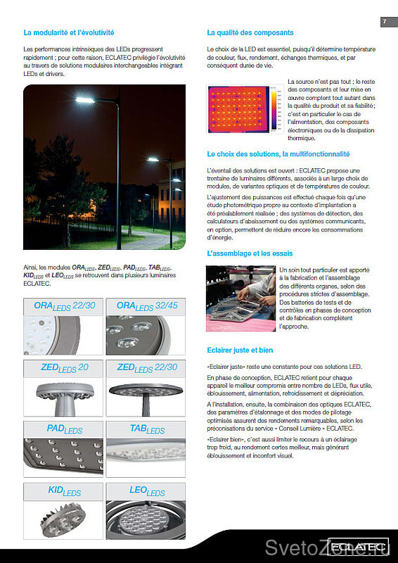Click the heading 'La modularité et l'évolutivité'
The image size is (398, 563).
click(x=69, y=32)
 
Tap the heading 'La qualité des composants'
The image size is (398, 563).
click(x=250, y=32)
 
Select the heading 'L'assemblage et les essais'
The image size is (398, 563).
click(x=250, y=253)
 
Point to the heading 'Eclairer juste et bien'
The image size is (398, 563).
click(x=240, y=350)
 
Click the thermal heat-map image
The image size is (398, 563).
click(x=238, y=109)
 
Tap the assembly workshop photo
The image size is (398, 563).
click(x=240, y=298)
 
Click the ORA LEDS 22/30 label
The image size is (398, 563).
click(x=65, y=306)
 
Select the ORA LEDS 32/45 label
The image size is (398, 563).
click(x=147, y=306)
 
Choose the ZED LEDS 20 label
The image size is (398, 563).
click(x=65, y=368)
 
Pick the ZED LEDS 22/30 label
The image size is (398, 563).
click(x=147, y=368)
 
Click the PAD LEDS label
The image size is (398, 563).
click(x=65, y=429)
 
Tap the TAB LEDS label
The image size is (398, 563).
click(x=148, y=429)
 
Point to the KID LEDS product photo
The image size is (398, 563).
click(x=63, y=520)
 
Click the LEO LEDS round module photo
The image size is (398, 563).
click(x=146, y=520)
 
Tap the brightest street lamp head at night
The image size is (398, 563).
click(x=85, y=100)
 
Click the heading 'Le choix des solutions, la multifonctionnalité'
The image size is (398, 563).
click(x=278, y=154)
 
